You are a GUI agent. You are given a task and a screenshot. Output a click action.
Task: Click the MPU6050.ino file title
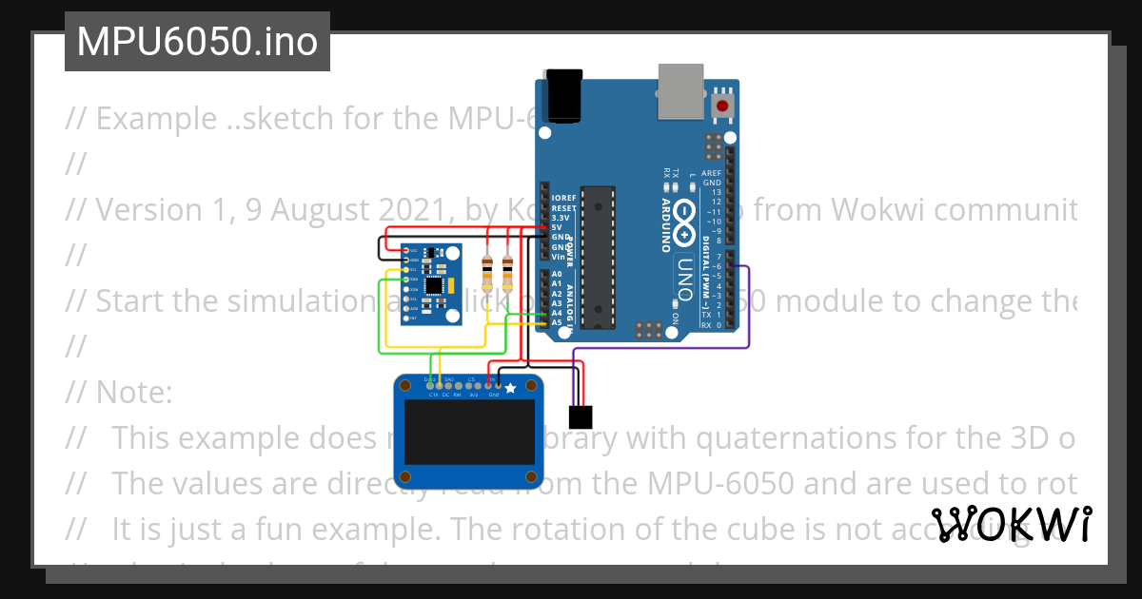click(x=197, y=42)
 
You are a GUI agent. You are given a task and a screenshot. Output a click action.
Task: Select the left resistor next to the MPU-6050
click(x=488, y=273)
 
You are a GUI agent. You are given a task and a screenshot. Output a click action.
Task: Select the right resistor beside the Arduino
click(x=507, y=273)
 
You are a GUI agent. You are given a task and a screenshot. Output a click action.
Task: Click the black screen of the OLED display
click(x=468, y=432)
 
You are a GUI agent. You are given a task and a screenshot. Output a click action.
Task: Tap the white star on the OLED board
click(x=510, y=387)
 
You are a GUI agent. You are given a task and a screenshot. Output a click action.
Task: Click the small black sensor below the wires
click(x=579, y=416)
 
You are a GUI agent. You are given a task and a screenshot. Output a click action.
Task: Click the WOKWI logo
click(x=1012, y=524)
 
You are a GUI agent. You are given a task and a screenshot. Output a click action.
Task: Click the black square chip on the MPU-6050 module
click(x=434, y=285)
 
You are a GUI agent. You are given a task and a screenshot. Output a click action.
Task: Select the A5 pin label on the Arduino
click(x=557, y=323)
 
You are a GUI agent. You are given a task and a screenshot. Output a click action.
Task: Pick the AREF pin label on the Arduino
click(x=711, y=174)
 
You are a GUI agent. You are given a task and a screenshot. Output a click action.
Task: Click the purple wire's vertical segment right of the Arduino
click(x=750, y=304)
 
